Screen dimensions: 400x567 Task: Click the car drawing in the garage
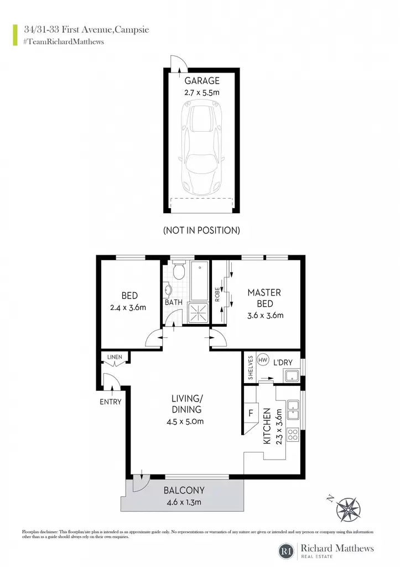coord(202,147)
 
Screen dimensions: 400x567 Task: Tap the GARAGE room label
coord(202,81)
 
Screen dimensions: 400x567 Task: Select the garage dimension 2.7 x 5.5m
coord(202,92)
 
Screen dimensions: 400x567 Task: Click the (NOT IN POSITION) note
coord(201,230)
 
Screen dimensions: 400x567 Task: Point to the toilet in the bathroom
coord(179,270)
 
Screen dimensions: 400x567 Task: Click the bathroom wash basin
coord(168,290)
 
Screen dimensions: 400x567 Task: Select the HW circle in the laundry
coord(263,360)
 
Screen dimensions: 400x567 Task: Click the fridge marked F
coord(251,413)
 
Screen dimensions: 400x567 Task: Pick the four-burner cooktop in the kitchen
coord(293,434)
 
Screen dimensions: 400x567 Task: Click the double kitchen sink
coord(293,410)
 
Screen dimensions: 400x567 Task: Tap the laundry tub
coord(292,376)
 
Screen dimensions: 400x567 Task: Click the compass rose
coord(347,509)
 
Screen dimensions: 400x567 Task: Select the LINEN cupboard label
coord(115,357)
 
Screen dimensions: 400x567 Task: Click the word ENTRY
coord(111,402)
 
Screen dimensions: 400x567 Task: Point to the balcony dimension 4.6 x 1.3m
coord(184,502)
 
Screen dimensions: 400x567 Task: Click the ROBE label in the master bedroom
coord(217,295)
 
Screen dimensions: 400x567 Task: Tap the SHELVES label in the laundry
coord(251,368)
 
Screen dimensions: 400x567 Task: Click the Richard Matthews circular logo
coord(286,551)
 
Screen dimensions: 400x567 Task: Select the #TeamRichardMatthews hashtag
coord(64,42)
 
